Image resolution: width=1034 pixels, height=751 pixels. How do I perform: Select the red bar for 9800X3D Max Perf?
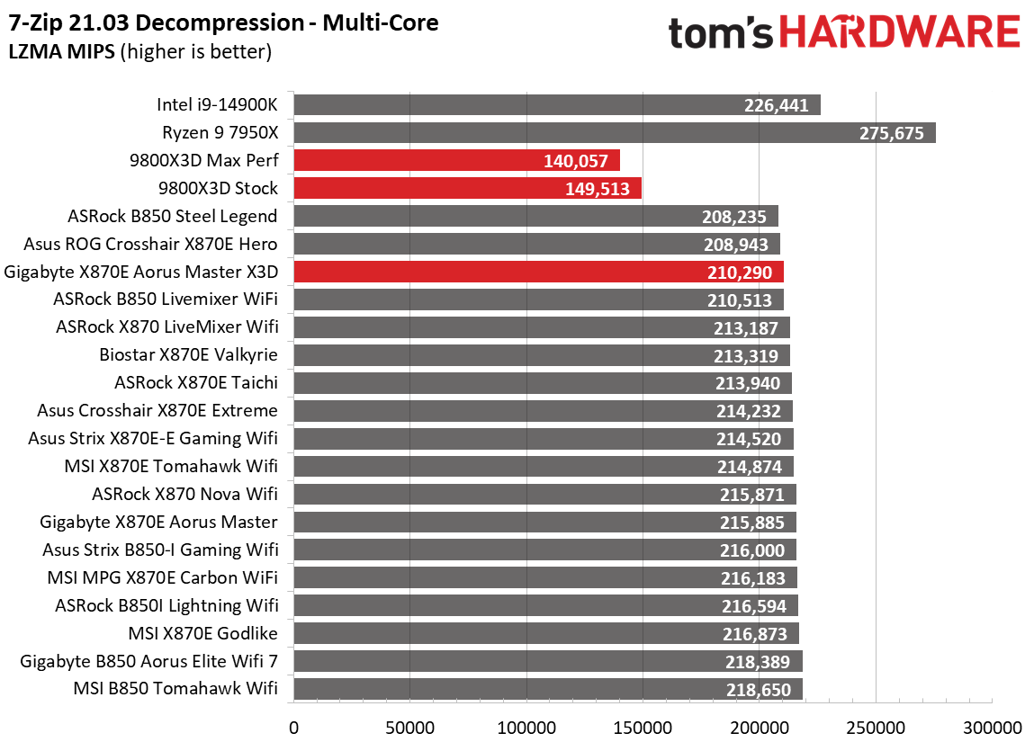tap(456, 161)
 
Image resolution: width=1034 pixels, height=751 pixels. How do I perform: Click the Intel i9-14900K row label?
tap(217, 105)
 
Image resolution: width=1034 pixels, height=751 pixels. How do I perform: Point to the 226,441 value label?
tap(777, 105)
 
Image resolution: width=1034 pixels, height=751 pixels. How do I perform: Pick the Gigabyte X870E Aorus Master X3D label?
tap(141, 272)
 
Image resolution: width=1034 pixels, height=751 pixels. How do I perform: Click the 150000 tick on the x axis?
tap(643, 727)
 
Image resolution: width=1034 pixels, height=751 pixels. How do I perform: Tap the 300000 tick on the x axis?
tap(992, 727)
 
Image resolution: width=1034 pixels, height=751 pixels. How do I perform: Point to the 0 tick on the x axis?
tap(293, 727)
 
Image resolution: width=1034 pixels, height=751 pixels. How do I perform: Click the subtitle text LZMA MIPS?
tap(61, 52)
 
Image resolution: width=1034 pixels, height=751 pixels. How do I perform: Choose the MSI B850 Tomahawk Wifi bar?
tap(547, 690)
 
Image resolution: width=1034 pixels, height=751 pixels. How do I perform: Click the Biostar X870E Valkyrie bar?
tap(541, 355)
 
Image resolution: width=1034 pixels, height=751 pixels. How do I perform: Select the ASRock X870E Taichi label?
tap(196, 383)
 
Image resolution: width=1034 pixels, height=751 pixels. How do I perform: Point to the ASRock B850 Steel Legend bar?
tap(535, 217)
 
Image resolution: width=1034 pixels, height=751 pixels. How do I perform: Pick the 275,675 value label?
tap(892, 133)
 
